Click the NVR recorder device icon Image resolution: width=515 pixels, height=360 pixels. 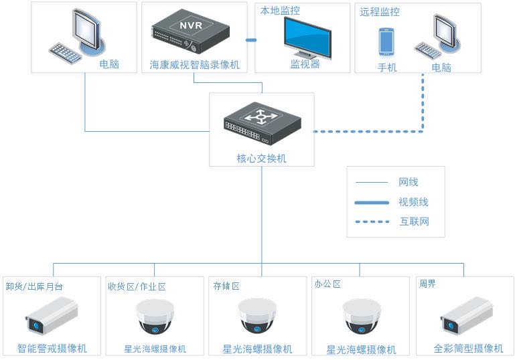(190, 34)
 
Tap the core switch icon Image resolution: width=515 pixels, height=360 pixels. (261, 125)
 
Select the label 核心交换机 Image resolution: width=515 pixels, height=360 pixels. (261, 159)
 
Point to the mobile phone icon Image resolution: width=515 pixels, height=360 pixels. (386, 41)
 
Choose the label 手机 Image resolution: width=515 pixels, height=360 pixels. (387, 67)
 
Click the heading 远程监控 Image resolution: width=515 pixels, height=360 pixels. (379, 12)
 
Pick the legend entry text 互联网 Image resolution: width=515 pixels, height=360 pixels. (414, 221)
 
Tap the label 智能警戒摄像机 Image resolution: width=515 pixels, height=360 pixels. (52, 349)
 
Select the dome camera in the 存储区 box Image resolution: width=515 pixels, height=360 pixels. (257, 315)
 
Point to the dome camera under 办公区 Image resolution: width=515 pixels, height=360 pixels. (361, 315)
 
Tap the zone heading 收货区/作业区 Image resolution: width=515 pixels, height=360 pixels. (137, 286)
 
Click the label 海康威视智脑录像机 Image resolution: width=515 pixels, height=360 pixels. (194, 65)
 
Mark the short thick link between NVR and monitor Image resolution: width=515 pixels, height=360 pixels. (251, 40)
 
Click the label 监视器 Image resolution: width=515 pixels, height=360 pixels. (305, 64)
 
